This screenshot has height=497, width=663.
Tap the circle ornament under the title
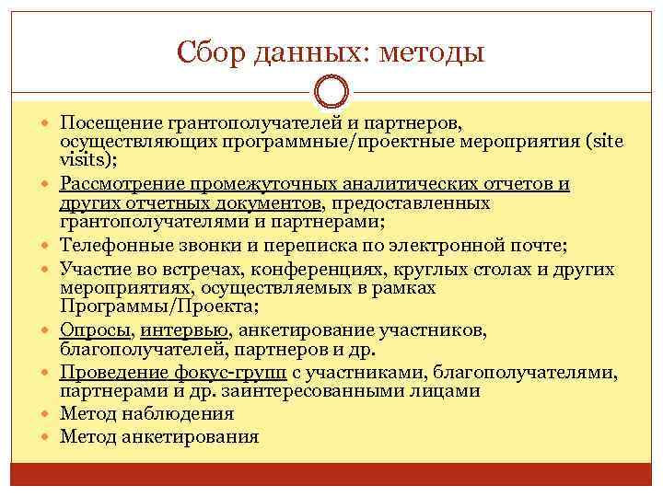pyautogui.click(x=331, y=92)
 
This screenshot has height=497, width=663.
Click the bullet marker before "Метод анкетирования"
pyautogui.click(x=48, y=436)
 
